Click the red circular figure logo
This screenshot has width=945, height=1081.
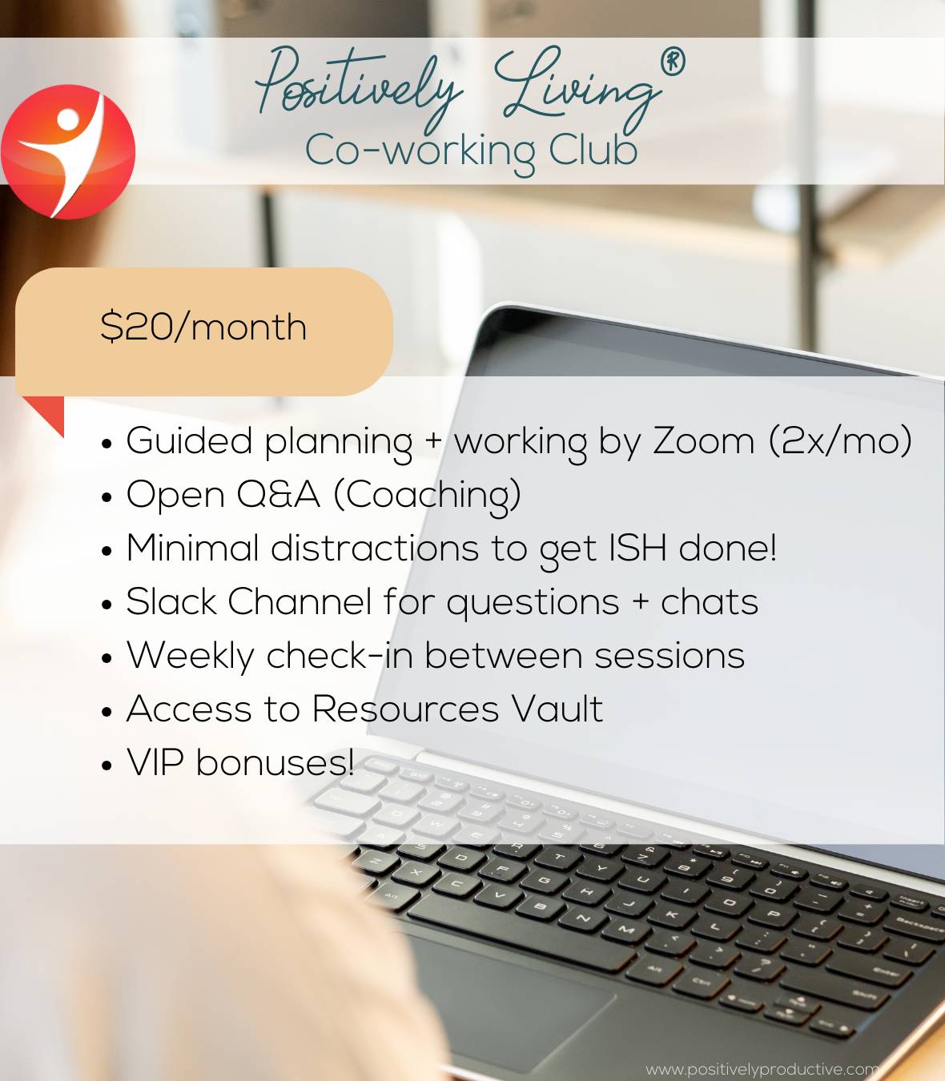click(x=68, y=152)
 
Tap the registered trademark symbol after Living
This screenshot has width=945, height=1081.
click(x=673, y=62)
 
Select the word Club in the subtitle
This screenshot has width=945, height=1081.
click(x=593, y=150)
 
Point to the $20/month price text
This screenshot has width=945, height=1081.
click(x=203, y=327)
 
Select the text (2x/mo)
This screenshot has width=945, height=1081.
click(x=840, y=440)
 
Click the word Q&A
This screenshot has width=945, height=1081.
click(x=278, y=495)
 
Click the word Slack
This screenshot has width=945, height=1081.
click(x=171, y=601)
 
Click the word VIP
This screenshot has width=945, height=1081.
click(x=155, y=762)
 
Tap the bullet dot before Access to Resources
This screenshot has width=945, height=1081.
click(x=107, y=712)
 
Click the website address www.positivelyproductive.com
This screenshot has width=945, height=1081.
click(x=761, y=1070)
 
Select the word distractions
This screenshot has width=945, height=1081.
click(x=375, y=548)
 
